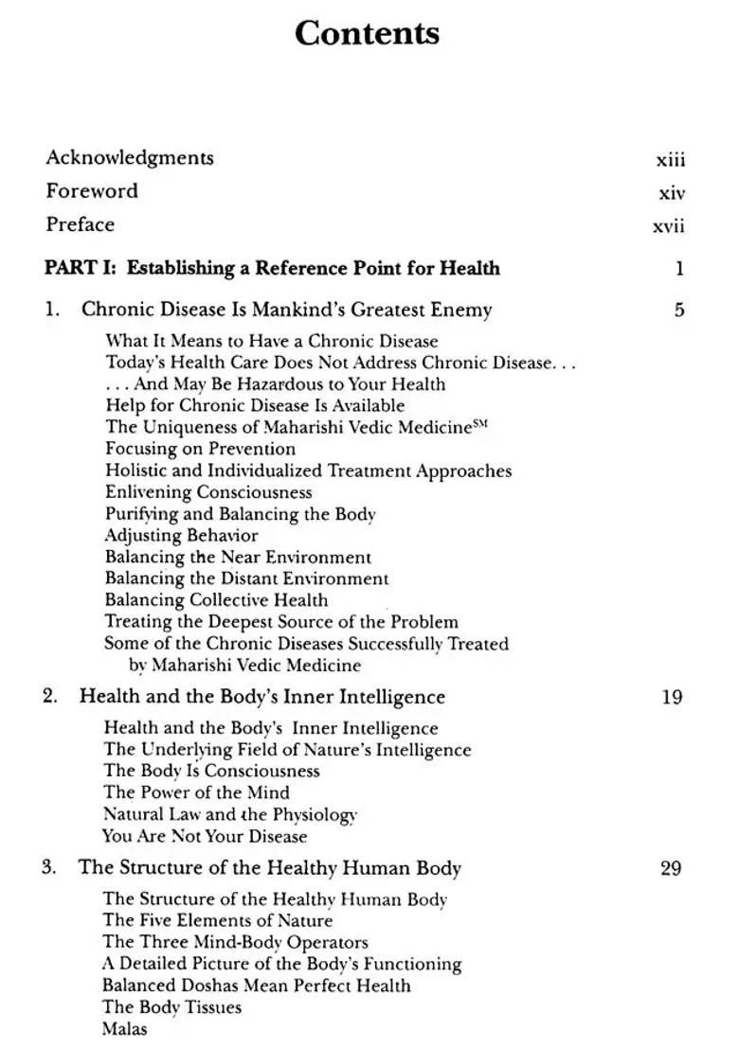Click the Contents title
[x=367, y=34]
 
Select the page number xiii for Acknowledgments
[x=670, y=160]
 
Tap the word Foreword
[x=92, y=191]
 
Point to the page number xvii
[x=668, y=226]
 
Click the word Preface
[x=80, y=225]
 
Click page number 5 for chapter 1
[x=678, y=310]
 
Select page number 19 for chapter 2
[x=672, y=698]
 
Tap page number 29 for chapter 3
[x=671, y=868]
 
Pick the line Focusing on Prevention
[x=200, y=449]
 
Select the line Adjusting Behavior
[x=168, y=536]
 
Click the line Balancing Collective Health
[x=216, y=600]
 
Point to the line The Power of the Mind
[x=196, y=793]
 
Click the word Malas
[x=124, y=1029]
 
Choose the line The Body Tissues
[x=171, y=1007]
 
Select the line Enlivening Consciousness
[x=208, y=492]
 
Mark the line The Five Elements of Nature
[x=217, y=920]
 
